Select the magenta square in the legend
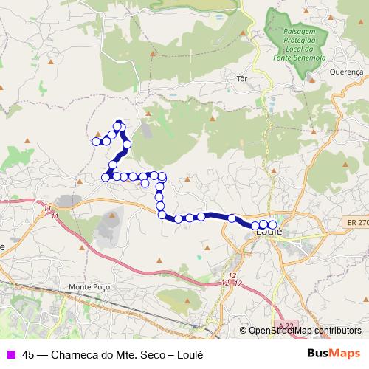pos(10,353)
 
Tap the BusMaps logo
pos(334,353)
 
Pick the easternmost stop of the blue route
pos(272,224)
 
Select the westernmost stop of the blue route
pos(96,141)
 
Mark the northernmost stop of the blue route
pos(117,126)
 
